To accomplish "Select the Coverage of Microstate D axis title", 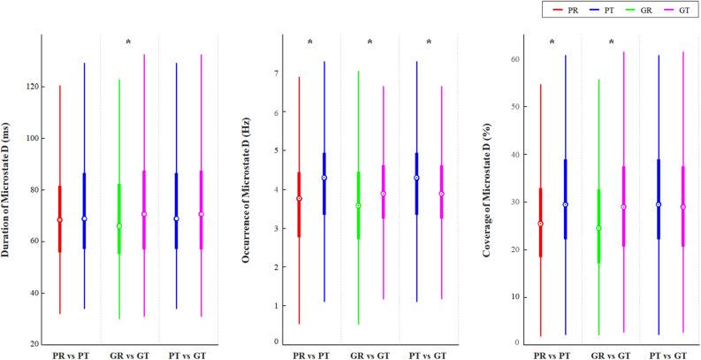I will [x=487, y=189].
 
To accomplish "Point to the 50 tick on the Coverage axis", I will [x=512, y=107].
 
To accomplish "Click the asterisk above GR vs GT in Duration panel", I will [x=129, y=42].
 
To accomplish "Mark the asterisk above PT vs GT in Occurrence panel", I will [x=429, y=42].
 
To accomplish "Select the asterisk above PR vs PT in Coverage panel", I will [x=552, y=42].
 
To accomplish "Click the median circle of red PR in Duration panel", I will [x=60, y=220].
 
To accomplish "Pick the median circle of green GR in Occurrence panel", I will [x=358, y=206].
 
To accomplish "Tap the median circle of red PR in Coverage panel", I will [x=540, y=224].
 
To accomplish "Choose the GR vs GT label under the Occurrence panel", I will [x=370, y=354].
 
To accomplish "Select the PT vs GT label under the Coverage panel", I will [x=669, y=354].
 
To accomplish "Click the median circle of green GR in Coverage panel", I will [x=598, y=228].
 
